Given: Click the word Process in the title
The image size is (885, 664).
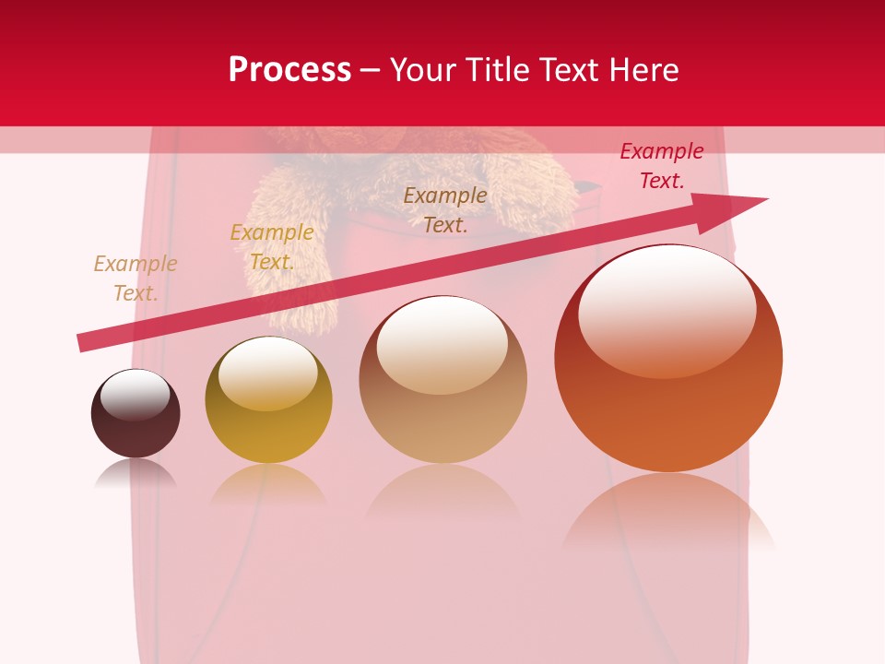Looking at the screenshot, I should (289, 70).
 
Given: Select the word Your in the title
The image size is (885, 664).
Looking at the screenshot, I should (426, 70).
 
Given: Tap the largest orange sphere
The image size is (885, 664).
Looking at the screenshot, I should (668, 406).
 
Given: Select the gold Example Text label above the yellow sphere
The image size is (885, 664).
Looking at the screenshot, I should (272, 247).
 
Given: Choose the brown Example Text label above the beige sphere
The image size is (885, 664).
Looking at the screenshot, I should (445, 209).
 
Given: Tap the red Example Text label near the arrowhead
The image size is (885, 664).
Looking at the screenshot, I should (662, 166).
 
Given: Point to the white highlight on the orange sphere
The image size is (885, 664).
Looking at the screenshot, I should (667, 309).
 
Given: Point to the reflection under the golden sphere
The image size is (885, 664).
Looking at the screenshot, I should (268, 484).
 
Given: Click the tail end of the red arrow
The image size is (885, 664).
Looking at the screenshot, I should (85, 342).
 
